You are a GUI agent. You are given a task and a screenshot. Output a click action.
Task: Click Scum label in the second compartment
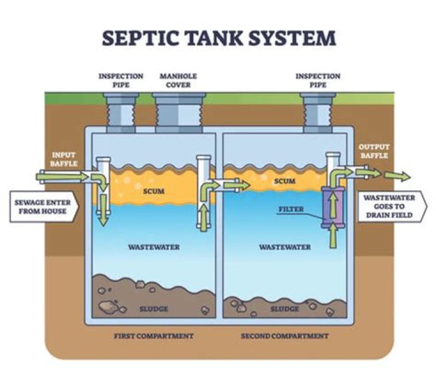point(284,181)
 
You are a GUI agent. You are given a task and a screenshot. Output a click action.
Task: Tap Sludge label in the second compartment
point(284,308)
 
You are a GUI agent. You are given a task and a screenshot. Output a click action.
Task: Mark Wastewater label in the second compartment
point(285,247)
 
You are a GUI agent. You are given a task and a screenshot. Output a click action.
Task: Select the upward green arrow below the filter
point(332,237)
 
